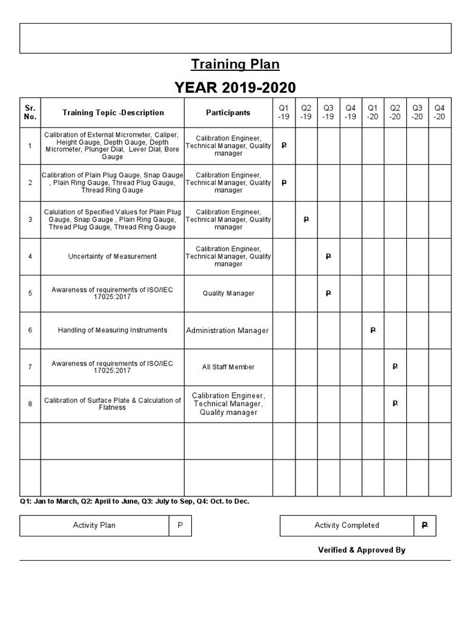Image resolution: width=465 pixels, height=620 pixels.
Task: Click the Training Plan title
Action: coord(236,64)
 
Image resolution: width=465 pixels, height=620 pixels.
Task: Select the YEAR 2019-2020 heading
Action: coord(236,88)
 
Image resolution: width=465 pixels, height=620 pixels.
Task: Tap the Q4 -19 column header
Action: coord(351,112)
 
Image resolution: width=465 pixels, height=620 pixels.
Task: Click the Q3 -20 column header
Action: coord(417,112)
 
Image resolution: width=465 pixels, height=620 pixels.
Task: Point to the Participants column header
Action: coord(228,113)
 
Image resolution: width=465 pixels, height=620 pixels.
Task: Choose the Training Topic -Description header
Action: coord(113,113)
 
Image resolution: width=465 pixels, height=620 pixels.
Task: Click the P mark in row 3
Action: coord(306,219)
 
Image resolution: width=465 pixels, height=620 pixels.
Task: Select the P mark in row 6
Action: coord(372,330)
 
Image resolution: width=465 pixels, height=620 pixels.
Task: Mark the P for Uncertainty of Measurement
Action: coord(328,257)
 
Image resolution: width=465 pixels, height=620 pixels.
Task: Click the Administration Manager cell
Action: coord(228,331)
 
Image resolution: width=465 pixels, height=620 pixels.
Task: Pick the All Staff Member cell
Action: coord(228,367)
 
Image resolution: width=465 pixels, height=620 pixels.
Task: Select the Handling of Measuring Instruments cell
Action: coord(113,330)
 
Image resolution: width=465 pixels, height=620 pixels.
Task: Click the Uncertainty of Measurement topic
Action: coord(113,257)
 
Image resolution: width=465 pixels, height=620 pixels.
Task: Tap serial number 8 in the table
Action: coord(30,404)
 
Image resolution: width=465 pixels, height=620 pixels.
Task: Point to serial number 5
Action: coord(30,294)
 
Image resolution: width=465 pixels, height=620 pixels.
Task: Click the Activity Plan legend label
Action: coord(94,526)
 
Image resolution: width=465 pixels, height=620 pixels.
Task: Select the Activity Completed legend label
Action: coord(347,526)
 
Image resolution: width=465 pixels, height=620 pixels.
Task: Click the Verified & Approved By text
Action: coord(361,550)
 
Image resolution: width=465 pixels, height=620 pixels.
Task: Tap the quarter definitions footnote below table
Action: coord(134,501)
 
